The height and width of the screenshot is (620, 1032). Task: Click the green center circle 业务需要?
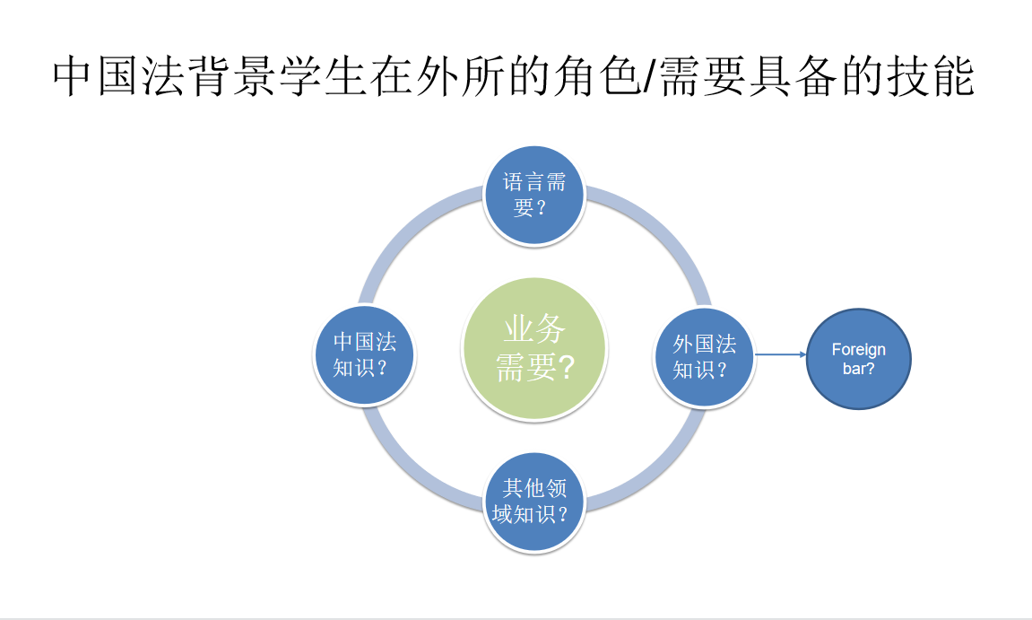click(533, 348)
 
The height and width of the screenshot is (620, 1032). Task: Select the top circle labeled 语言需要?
click(533, 196)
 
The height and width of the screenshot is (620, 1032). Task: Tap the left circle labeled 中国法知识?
click(365, 355)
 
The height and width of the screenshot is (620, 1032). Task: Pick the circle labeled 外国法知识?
click(704, 357)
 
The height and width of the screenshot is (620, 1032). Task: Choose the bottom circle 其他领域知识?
click(533, 502)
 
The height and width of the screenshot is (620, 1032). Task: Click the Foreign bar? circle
click(858, 359)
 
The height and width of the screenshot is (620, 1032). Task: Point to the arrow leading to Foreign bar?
click(781, 354)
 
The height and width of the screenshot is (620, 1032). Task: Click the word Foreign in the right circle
click(858, 349)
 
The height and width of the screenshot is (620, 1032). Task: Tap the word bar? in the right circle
click(858, 368)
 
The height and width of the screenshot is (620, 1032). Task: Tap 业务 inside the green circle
click(533, 328)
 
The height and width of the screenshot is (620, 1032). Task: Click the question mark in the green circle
click(566, 367)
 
